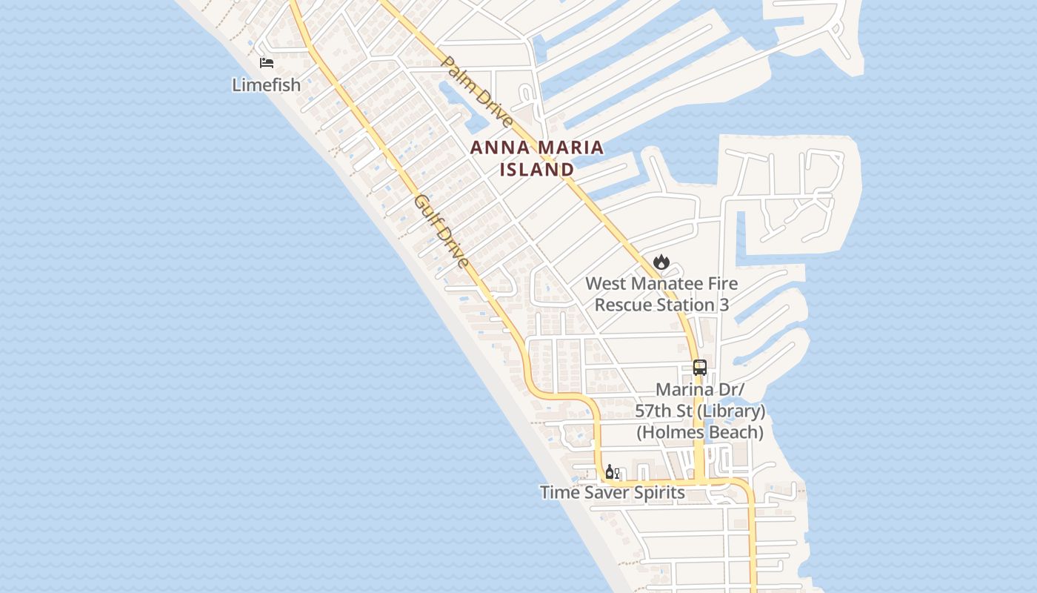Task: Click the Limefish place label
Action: coord(267,85)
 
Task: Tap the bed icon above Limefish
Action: coord(267,63)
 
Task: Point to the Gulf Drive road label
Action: coord(441,231)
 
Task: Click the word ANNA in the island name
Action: coord(497,148)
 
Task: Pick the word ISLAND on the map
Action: coord(537,170)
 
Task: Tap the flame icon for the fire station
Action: coord(661,262)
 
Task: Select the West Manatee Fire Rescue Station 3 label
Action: coord(661,294)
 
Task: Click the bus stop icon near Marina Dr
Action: coord(700,367)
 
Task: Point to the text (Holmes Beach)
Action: coord(700,432)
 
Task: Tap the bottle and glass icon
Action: coord(612,472)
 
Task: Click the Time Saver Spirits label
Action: coord(612,492)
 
